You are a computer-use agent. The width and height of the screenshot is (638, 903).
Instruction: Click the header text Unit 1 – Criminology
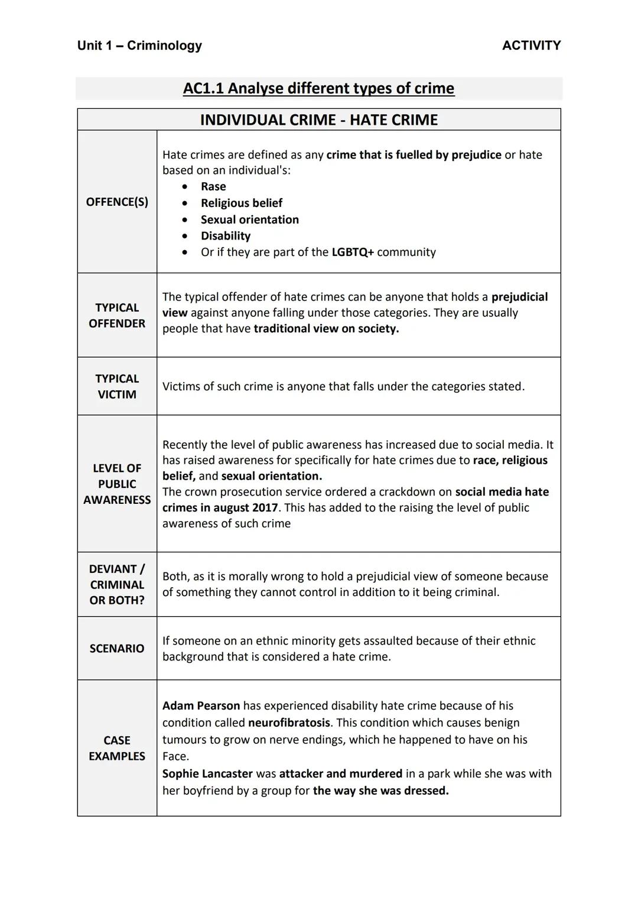click(x=139, y=46)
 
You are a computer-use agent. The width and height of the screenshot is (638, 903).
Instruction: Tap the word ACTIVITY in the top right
click(x=531, y=46)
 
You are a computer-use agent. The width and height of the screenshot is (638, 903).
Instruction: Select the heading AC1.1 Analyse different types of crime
click(x=318, y=89)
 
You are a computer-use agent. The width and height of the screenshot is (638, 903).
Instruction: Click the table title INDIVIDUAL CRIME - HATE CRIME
click(x=318, y=120)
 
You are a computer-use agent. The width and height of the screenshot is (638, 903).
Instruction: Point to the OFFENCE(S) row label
click(x=117, y=202)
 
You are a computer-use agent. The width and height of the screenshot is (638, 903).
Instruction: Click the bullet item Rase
click(x=213, y=187)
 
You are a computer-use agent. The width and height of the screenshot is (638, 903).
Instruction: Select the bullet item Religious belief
click(x=241, y=203)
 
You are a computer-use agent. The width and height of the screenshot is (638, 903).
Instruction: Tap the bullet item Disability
click(x=225, y=236)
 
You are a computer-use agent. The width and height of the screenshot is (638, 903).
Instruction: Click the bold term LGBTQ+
click(x=353, y=253)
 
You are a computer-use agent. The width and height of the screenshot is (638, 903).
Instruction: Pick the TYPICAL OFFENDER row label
click(x=117, y=316)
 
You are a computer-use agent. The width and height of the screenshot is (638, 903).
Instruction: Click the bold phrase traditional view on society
click(x=326, y=329)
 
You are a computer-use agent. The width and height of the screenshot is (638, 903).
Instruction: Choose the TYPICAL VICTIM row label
click(x=117, y=387)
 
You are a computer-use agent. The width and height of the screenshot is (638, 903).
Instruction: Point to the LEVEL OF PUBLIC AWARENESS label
click(x=117, y=484)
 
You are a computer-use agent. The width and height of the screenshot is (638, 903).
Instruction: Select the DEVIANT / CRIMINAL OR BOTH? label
click(x=117, y=585)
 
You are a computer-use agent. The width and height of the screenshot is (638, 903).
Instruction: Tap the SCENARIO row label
click(x=117, y=649)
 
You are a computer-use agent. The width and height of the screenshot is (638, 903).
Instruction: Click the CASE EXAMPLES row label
click(x=117, y=749)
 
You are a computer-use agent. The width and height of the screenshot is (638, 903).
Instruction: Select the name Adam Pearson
click(x=201, y=706)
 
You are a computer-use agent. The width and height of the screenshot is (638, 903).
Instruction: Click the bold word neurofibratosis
click(x=289, y=723)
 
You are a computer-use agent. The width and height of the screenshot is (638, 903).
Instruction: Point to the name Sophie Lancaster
click(x=207, y=774)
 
